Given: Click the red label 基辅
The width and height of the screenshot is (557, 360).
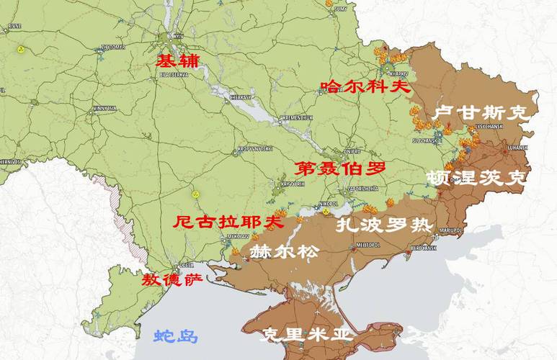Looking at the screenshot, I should pyautogui.click(x=177, y=60).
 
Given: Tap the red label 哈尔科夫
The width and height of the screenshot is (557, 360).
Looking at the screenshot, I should pyautogui.click(x=365, y=87).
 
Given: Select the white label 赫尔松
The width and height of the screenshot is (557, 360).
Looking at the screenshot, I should pyautogui.click(x=282, y=251).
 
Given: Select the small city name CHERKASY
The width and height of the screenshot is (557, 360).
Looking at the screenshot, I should pyautogui.click(x=240, y=96).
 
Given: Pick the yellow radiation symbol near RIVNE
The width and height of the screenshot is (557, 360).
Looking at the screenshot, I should pyautogui.click(x=21, y=50).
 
